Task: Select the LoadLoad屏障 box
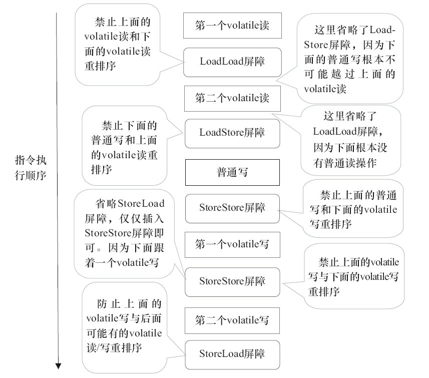point(232,63)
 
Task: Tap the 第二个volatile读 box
point(232,98)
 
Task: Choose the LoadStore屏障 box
point(232,133)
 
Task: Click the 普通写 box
point(232,172)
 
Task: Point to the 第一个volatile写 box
point(232,244)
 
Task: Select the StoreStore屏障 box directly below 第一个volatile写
point(232,281)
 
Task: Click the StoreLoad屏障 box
point(232,354)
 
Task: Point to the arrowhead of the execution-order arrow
point(58,365)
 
